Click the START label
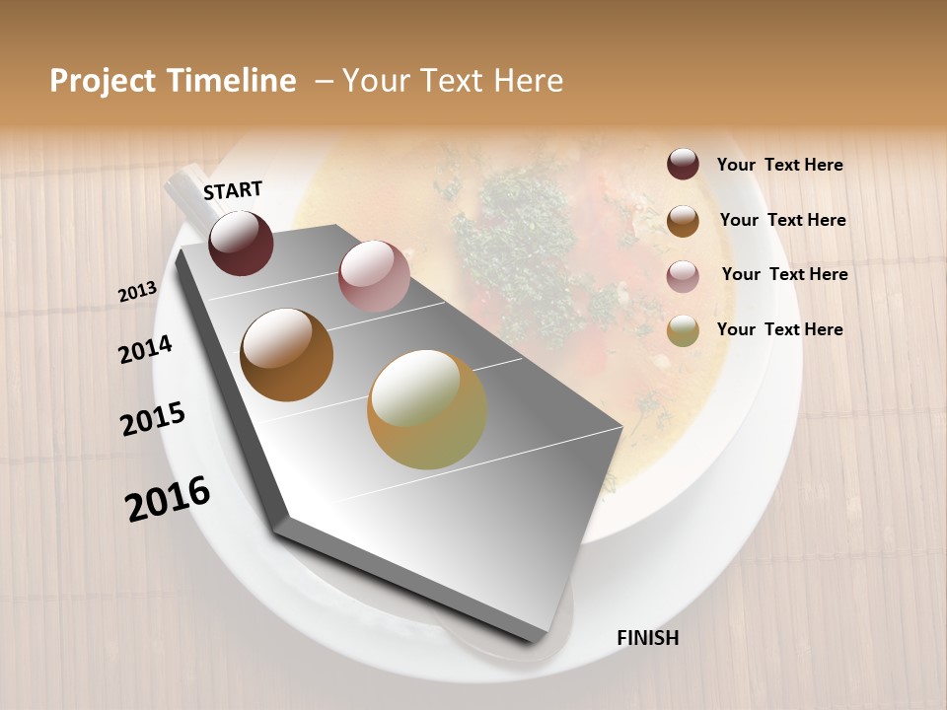pos(233,190)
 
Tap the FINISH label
pos(647,638)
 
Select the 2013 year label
pos(137,292)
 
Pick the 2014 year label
pos(145,349)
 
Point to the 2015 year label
pos(153,419)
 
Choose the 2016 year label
pos(168,499)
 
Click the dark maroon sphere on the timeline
pos(241,243)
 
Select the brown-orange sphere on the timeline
pos(286,354)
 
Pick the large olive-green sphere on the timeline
pos(427,409)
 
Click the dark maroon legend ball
pos(683,164)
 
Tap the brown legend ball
pos(683,221)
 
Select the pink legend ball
pos(683,276)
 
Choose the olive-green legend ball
pos(683,330)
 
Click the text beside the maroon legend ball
pos(779,166)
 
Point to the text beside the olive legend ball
pos(779,329)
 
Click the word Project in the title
pos(104,81)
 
